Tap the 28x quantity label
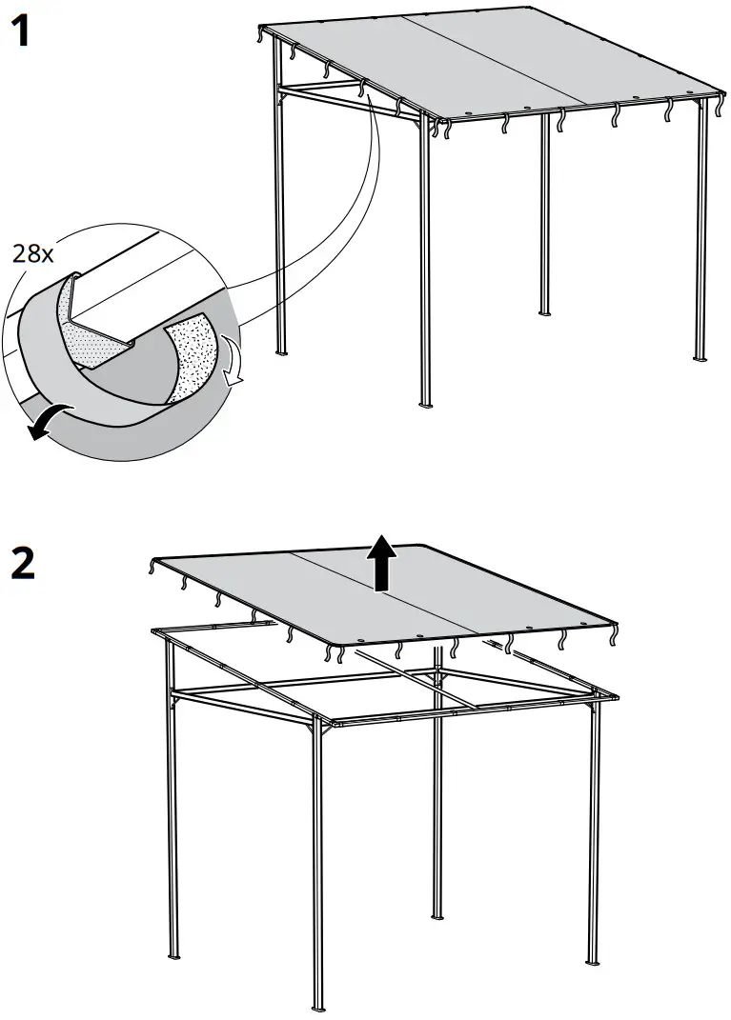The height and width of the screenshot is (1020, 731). [33, 253]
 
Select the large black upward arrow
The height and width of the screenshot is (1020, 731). [382, 562]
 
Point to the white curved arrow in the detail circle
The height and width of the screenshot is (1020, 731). [233, 367]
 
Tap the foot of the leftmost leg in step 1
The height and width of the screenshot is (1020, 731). [281, 352]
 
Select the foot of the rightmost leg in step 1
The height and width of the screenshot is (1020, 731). [701, 358]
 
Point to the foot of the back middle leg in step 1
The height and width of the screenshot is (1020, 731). [545, 313]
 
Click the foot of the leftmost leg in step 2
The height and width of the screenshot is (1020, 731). [173, 955]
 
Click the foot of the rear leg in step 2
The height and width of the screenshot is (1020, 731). [438, 915]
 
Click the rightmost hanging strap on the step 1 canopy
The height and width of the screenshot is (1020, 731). [719, 108]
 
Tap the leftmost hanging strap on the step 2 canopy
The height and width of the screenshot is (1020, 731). [152, 569]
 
